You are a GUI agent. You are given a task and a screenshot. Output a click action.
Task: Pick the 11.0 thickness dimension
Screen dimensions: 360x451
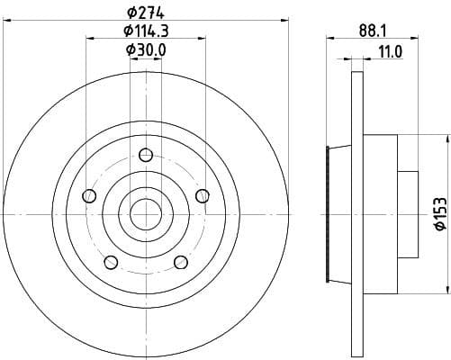point(389,53)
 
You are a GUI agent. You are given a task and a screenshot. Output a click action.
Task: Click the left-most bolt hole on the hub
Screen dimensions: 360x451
point(88,196)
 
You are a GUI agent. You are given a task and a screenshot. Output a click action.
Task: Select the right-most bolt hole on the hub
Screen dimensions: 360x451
point(202,195)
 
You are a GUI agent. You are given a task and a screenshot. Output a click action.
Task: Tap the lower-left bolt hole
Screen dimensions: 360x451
point(111,262)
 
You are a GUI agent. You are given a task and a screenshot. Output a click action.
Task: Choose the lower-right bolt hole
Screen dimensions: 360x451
point(180,262)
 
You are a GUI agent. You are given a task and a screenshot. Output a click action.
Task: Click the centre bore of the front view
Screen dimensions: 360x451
point(145,214)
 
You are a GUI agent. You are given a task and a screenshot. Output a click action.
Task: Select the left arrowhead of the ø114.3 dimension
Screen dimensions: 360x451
point(90,39)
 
